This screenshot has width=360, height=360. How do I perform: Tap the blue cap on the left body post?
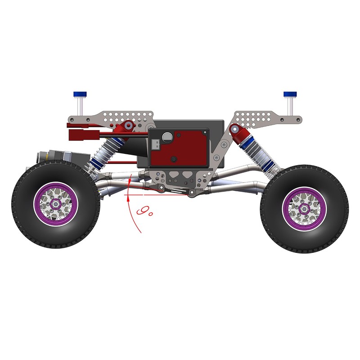81,94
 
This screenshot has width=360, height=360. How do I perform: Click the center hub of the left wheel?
56,204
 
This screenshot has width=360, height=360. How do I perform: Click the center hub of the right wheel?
304,208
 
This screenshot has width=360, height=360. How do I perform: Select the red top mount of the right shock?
235,131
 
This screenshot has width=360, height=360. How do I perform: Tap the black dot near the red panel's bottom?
174,159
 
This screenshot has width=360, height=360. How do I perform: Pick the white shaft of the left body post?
81,105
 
